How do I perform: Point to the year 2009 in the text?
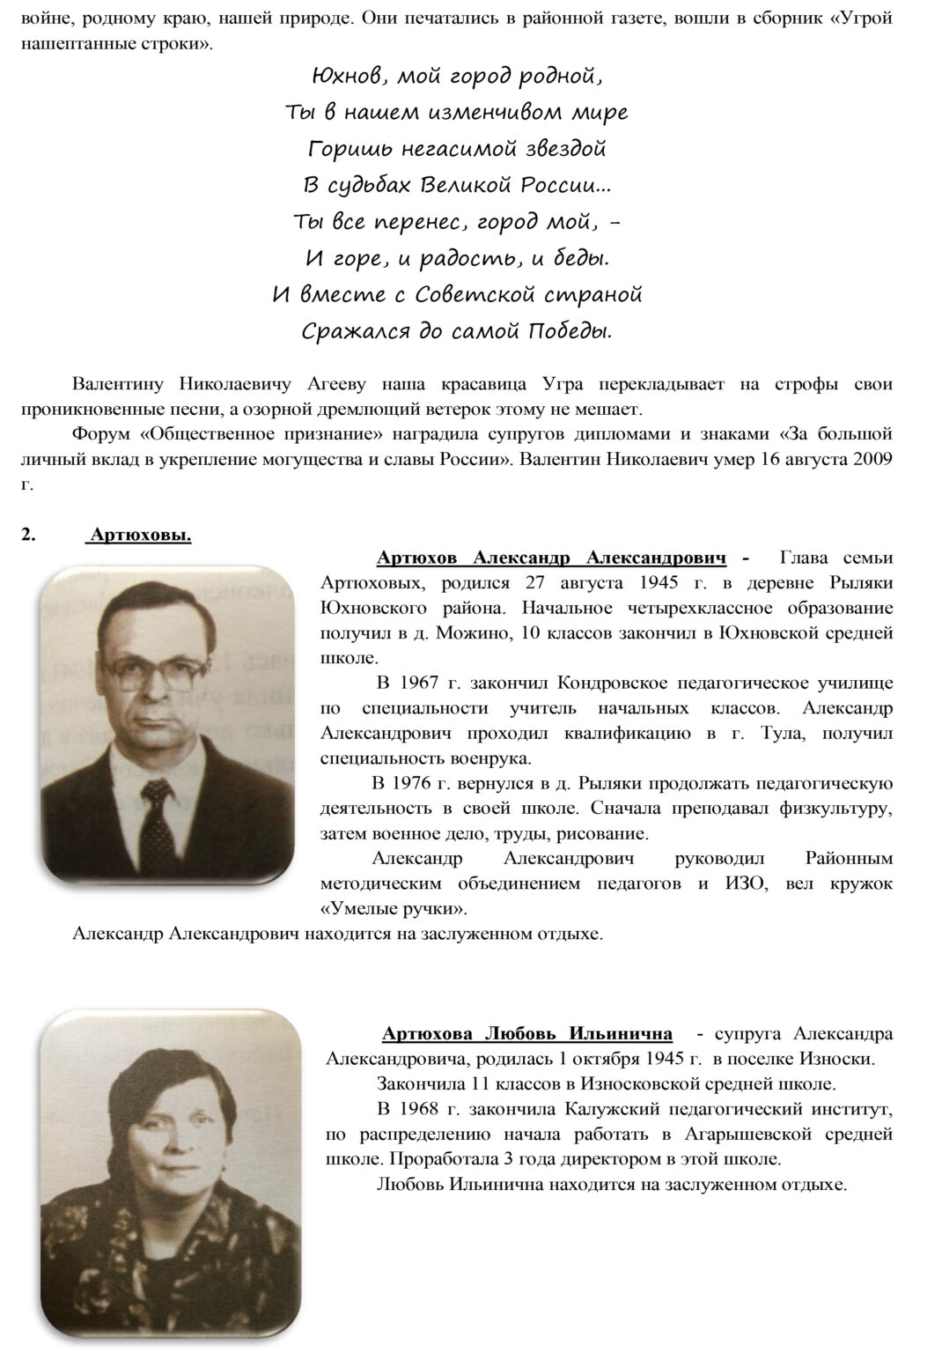871,459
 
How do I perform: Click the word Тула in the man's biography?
783,733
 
